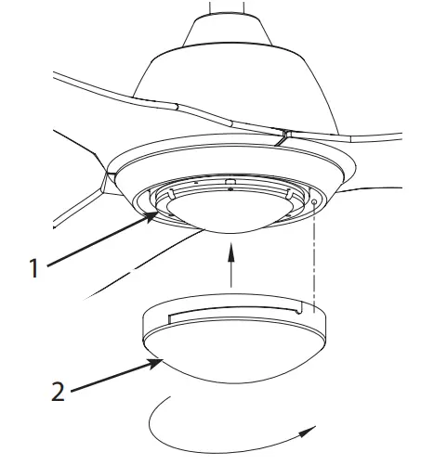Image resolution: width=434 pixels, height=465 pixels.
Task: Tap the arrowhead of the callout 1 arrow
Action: tap(154, 216)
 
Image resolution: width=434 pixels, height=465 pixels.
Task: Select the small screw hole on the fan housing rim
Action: tap(314, 198)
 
